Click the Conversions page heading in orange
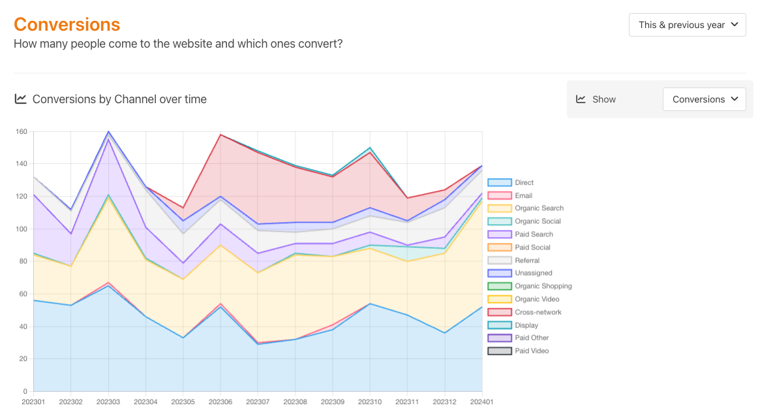(67, 24)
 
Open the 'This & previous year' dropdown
(687, 25)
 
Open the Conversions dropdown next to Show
(704, 99)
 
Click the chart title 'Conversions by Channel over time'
(119, 99)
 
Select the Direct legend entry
(524, 183)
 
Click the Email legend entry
(523, 195)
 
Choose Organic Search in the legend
(539, 208)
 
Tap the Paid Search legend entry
(534, 234)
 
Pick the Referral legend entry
(527, 261)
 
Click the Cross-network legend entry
(538, 312)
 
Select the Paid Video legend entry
(532, 351)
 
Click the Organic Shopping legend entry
(543, 286)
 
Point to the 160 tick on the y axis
(22, 132)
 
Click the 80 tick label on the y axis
(23, 261)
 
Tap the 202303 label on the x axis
(108, 402)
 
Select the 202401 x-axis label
(481, 402)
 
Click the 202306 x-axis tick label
(220, 402)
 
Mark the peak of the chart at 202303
(108, 131)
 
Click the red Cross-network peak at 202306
(220, 135)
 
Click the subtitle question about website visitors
(178, 44)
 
